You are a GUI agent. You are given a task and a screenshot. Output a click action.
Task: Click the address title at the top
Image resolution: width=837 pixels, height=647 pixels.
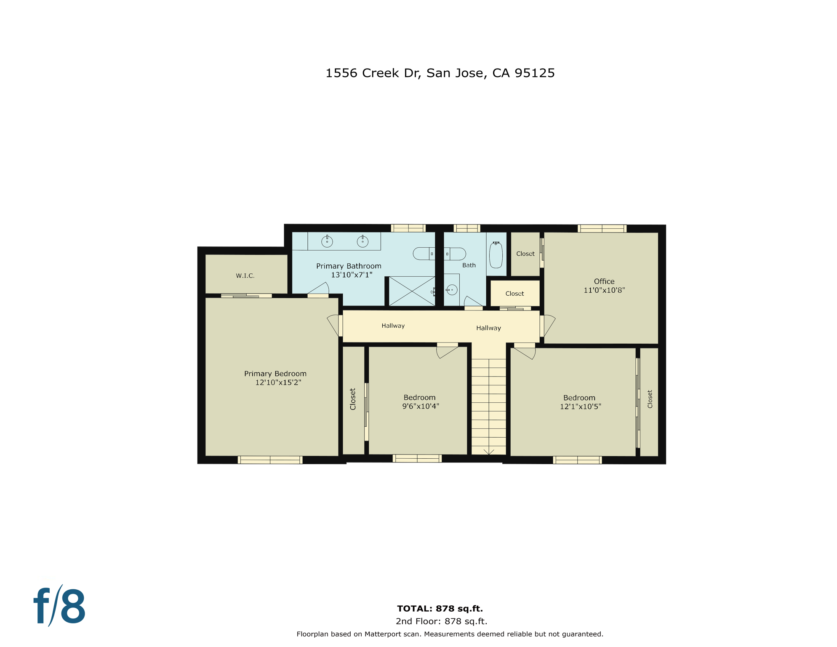(440, 73)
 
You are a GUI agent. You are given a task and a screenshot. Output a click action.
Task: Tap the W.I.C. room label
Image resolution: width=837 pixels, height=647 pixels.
(245, 276)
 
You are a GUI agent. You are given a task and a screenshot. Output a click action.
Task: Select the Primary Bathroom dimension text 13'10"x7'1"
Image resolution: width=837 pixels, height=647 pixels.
(352, 275)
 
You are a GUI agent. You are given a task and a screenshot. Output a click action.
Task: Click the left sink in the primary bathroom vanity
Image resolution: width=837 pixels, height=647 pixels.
(327, 241)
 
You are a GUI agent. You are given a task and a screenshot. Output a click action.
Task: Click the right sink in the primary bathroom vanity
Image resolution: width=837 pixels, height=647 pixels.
(363, 241)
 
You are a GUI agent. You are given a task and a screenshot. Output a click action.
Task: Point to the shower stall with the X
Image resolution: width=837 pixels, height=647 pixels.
(412, 291)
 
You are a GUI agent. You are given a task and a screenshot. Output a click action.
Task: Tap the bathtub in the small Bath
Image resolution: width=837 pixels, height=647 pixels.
(496, 255)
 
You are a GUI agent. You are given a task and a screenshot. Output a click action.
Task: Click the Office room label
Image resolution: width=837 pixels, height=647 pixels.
(604, 281)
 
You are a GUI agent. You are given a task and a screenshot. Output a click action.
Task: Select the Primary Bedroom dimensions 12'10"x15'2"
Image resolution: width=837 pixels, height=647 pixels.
(278, 382)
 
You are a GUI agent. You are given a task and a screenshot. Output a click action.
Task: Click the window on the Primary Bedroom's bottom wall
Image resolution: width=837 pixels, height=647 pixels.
(270, 460)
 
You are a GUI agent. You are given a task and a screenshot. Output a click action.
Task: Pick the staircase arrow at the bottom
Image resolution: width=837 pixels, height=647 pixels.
(488, 452)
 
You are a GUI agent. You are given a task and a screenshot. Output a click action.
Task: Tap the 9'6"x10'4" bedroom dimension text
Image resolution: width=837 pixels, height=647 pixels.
(421, 406)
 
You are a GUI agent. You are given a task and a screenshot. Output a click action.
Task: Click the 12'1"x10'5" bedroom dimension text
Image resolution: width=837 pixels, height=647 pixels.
(580, 406)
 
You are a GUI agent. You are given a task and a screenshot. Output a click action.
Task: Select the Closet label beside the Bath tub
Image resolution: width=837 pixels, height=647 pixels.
(525, 254)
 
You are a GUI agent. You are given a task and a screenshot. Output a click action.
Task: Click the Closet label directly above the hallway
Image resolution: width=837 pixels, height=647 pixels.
(514, 294)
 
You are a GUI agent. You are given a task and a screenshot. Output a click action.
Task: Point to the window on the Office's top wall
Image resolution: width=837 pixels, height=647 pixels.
(602, 229)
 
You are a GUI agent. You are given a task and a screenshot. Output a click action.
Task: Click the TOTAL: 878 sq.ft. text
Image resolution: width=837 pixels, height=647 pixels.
(440, 609)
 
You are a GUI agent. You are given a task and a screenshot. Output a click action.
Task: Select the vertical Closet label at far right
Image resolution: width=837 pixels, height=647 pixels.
(650, 399)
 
